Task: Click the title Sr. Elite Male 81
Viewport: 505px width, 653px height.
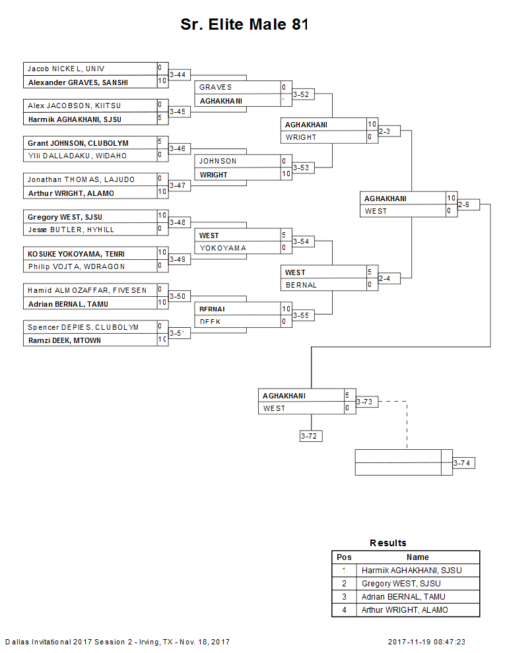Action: (244, 25)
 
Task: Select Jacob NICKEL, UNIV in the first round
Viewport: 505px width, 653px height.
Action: (66, 69)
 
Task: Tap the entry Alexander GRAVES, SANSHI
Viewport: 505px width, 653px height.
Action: (78, 82)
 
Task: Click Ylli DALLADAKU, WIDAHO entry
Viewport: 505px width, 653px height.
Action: (77, 156)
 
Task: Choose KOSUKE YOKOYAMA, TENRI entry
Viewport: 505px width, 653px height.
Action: (76, 254)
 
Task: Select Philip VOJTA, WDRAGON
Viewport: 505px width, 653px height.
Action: (76, 267)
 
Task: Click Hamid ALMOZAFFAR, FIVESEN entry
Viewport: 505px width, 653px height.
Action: (87, 290)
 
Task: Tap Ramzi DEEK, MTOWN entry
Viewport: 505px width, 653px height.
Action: (64, 341)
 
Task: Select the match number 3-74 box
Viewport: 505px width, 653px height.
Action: (463, 463)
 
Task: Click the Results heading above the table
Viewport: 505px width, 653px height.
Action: (388, 543)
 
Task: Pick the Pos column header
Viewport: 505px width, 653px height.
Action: (344, 557)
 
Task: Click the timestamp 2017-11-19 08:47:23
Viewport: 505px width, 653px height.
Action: (426, 642)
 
